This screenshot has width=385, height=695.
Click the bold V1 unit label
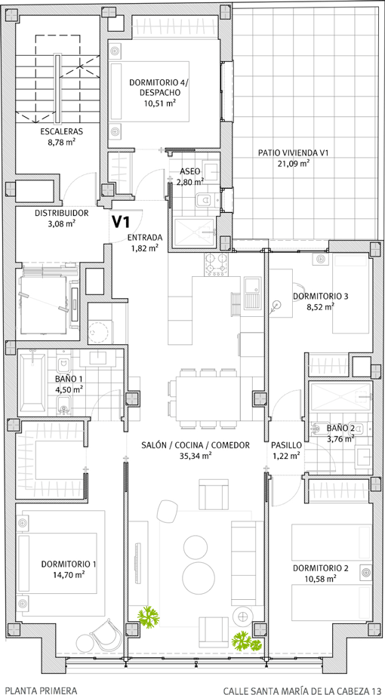tap(120, 222)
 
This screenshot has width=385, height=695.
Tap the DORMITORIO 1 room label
tap(69, 564)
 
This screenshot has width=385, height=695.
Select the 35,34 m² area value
tap(196, 455)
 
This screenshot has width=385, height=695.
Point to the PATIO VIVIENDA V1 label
tap(293, 153)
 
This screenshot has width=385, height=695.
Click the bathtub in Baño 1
tap(32, 381)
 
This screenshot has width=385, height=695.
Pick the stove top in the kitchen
tap(216, 263)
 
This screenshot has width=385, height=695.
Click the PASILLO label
tap(286, 445)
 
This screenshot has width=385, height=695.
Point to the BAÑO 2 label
tap(340, 428)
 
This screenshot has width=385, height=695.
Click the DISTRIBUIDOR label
tap(62, 214)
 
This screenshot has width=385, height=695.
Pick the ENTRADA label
tap(145, 237)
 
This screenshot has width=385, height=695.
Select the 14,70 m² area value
tap(69, 574)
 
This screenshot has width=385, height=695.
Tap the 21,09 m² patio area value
tap(293, 163)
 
